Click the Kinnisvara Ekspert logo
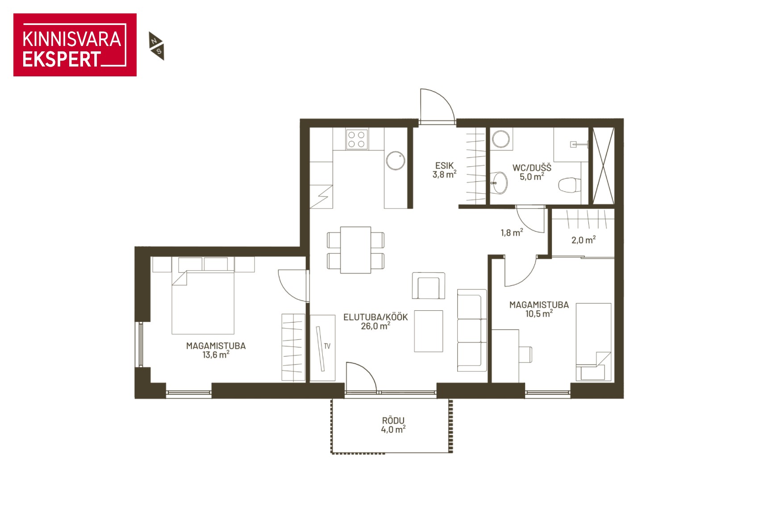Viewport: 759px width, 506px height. coord(75,45)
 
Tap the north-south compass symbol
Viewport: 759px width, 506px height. coord(157,46)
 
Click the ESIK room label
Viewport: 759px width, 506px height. coord(445,166)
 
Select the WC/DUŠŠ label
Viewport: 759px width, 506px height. coord(532,167)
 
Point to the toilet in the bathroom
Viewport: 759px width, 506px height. coord(570,185)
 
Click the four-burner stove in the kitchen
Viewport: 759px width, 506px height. coord(356,139)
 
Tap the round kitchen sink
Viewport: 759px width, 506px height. coord(396,160)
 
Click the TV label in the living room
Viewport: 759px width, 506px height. coord(327,346)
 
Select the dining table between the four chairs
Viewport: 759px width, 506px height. coord(355,250)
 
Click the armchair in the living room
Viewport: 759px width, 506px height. coord(428,286)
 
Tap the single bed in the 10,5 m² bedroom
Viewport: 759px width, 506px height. coord(593,342)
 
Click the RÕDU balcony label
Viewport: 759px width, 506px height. coord(393,421)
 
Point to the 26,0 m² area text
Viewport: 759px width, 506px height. coord(375,326)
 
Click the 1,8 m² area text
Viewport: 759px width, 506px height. coord(512,233)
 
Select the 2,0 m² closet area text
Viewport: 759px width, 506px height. coord(584,240)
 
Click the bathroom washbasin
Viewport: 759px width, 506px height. coord(499,183)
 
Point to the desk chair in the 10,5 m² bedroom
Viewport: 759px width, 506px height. coord(525,355)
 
